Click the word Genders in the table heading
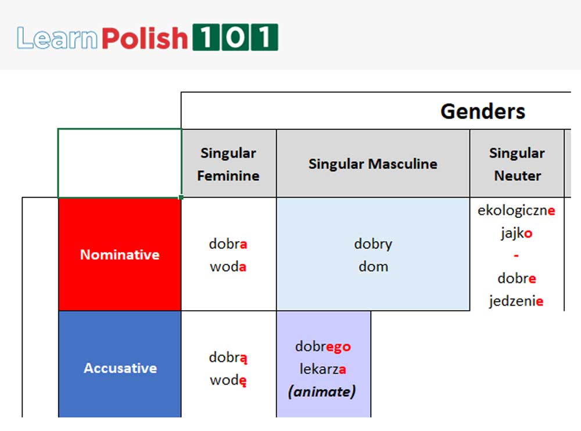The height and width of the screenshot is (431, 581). [482, 111]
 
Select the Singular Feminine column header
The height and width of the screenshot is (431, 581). [228, 164]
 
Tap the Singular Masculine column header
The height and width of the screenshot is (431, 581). [372, 164]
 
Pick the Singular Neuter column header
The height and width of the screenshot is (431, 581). [517, 164]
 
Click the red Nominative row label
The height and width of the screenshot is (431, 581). [120, 254]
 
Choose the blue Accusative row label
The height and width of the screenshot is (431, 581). [120, 368]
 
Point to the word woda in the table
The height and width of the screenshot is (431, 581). [228, 267]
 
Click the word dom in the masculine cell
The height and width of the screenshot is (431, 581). [372, 267]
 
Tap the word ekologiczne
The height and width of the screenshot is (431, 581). [516, 210]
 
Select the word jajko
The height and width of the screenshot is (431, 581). [517, 233]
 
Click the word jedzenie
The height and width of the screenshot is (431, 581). [516, 301]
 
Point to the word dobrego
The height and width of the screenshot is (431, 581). [322, 346]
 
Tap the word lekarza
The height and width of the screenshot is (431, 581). [322, 369]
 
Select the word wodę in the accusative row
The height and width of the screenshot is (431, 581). [228, 380]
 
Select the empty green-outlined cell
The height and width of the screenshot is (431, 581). [120, 163]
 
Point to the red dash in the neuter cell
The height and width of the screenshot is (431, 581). [517, 256]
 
